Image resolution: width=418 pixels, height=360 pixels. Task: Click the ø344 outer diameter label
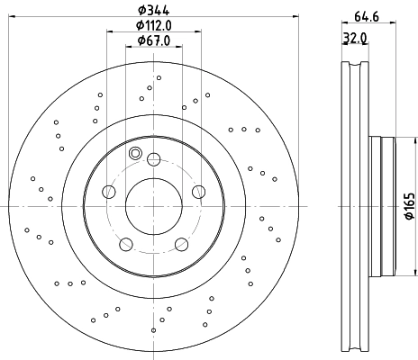click(154, 12)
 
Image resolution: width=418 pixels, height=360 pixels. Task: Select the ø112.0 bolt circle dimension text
click(154, 26)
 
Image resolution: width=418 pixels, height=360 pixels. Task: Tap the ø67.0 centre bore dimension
click(154, 40)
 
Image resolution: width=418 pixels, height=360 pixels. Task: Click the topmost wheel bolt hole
click(154, 159)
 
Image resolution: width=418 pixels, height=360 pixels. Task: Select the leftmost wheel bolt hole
click(110, 191)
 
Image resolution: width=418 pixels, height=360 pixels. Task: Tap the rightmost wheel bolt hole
click(198, 191)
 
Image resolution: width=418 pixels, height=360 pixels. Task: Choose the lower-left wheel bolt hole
click(127, 242)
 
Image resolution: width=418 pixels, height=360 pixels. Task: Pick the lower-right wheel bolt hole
click(181, 242)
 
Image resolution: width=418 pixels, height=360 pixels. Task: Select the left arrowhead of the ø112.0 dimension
click(109, 34)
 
